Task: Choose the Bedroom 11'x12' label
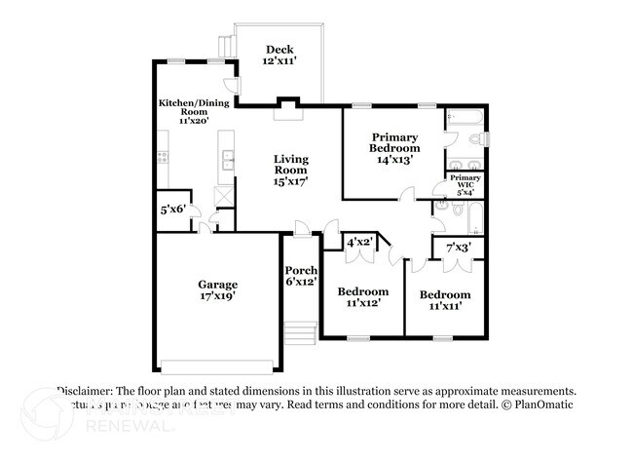pyautogui.click(x=362, y=297)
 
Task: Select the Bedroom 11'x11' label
pyautogui.click(x=444, y=300)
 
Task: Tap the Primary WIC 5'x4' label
pyautogui.click(x=465, y=183)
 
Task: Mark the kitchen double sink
pyautogui.click(x=227, y=160)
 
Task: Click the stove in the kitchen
pyautogui.click(x=164, y=156)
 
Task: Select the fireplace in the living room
pyautogui.click(x=288, y=109)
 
